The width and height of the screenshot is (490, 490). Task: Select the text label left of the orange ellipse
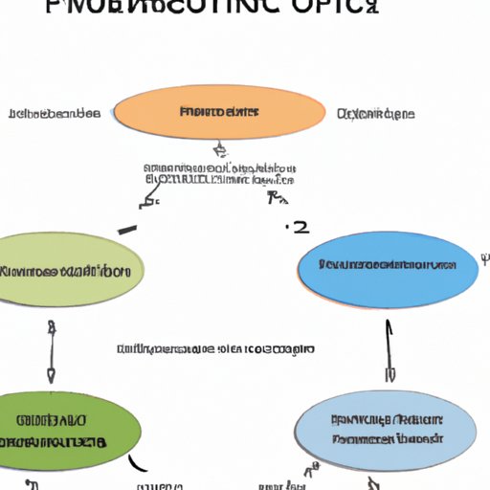coord(54,114)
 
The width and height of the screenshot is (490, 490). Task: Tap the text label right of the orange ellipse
coord(375,114)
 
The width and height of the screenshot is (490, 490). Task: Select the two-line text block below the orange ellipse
coord(219,172)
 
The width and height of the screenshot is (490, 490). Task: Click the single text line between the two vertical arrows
coord(214,350)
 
